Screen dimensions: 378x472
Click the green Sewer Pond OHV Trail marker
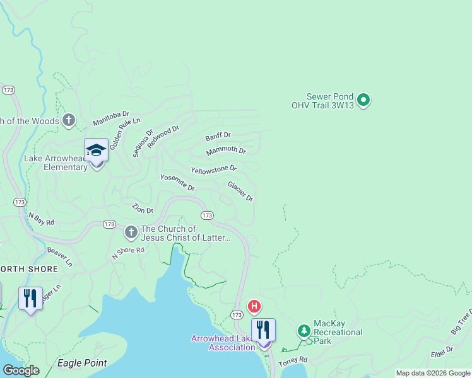click(x=363, y=100)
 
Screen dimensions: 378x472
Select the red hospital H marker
click(x=254, y=307)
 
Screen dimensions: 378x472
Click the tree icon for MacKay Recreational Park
click(x=304, y=330)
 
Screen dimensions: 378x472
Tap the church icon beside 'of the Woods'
click(x=68, y=120)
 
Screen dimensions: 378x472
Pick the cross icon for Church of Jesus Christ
click(x=131, y=232)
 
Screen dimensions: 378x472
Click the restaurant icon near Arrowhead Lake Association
click(x=263, y=329)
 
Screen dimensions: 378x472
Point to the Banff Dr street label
click(x=218, y=136)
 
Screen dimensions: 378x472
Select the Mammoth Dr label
click(x=226, y=151)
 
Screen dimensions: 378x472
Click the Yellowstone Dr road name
click(x=213, y=169)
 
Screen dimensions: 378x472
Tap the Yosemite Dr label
click(x=177, y=183)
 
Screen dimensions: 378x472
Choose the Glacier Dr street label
click(x=240, y=191)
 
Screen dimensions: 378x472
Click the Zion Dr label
click(x=142, y=209)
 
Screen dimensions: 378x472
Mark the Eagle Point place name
click(x=81, y=363)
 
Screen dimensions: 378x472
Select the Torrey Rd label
click(x=293, y=360)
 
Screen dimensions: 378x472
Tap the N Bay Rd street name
click(x=41, y=218)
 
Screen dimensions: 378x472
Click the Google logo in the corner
click(x=20, y=370)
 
